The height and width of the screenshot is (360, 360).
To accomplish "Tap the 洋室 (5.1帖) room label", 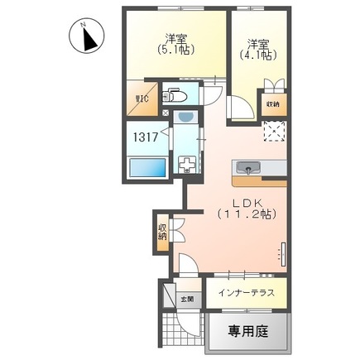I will [175, 42].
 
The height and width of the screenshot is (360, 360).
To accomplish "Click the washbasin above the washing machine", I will [185, 118].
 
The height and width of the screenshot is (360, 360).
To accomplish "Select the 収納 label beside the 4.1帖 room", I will [274, 104].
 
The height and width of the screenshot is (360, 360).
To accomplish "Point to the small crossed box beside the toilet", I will [166, 108].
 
